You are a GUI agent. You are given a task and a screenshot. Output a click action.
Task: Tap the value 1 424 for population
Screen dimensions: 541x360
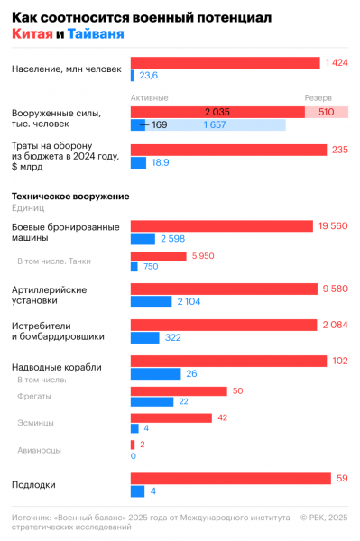(336, 62)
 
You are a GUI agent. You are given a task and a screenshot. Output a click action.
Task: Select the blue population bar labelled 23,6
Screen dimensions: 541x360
(134, 76)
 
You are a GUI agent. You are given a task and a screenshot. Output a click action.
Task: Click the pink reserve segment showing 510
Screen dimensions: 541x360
(327, 112)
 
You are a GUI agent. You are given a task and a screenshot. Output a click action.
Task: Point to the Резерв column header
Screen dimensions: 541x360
(318, 97)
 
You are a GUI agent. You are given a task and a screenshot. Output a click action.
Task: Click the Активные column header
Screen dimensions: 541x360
(150, 97)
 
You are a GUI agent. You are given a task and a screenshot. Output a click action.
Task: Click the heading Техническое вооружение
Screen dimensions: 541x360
(69, 196)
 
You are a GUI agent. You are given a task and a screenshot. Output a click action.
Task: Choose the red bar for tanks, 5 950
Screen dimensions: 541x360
(158, 256)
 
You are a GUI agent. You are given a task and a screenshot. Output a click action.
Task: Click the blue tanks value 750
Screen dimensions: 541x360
(150, 267)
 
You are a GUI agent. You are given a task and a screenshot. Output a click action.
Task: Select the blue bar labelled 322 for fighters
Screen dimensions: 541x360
(145, 337)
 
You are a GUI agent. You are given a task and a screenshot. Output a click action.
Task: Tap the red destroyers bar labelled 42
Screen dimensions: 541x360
(171, 418)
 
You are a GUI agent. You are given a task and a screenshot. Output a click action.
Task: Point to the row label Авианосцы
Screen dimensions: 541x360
(40, 449)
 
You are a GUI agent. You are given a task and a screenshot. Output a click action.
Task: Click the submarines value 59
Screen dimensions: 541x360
(342, 479)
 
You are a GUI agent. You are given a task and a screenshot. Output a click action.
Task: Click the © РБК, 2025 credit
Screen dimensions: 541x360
(322, 518)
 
